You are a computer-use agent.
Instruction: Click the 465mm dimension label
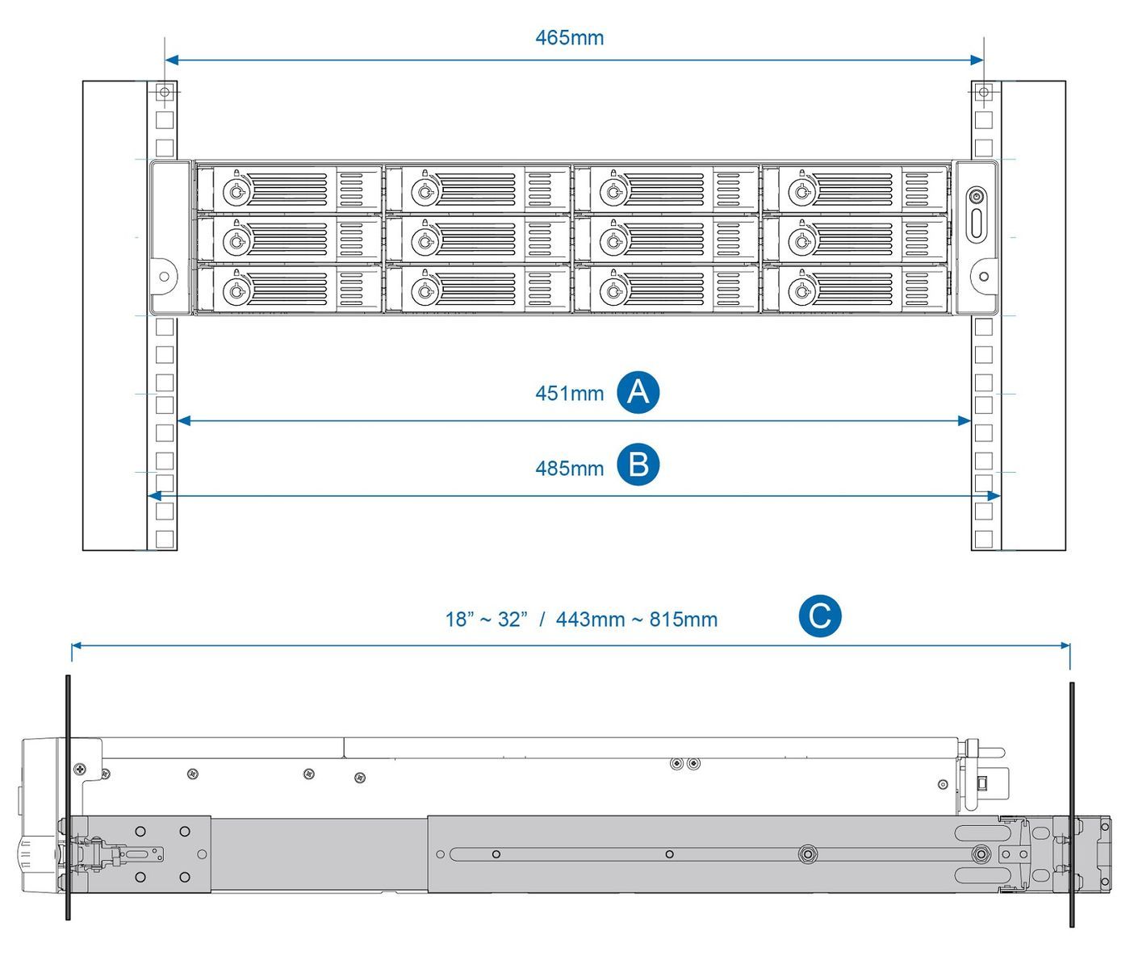pos(569,38)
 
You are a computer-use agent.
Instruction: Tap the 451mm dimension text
pos(569,394)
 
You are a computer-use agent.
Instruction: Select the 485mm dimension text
pos(569,468)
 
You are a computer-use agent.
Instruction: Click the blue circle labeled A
pos(638,393)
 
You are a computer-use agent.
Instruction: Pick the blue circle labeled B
pos(638,465)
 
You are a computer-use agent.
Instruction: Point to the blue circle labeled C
pos(820,617)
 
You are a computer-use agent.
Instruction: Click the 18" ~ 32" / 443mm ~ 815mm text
pos(581,620)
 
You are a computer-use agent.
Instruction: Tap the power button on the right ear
pos(977,196)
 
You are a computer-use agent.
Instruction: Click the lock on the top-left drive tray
pos(235,192)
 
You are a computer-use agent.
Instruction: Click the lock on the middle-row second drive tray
pos(424,241)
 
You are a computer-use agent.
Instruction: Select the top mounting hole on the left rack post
pos(165,93)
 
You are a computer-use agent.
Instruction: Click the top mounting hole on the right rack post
pos(983,93)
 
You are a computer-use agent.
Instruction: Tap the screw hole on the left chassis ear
pos(164,276)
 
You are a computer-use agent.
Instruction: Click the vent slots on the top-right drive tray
pos(916,190)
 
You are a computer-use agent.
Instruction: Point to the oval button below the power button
pos(977,223)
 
